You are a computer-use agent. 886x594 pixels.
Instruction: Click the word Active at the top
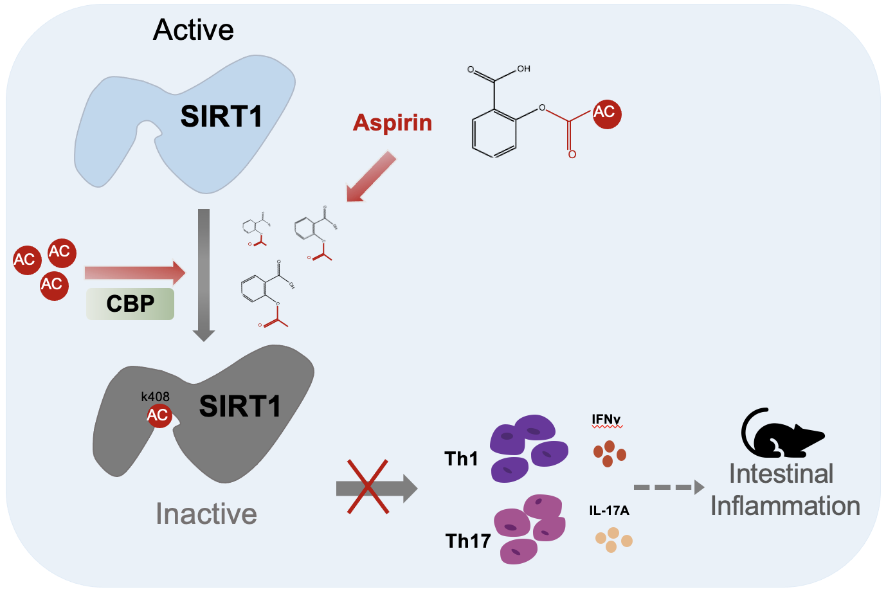[193, 30]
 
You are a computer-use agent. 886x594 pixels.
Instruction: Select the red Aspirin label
[392, 122]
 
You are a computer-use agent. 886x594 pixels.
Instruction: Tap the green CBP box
[131, 303]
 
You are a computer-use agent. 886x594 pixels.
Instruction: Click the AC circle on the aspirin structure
[605, 113]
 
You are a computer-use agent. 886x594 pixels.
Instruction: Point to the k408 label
[155, 397]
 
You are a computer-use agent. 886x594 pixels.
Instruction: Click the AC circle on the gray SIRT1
[158, 415]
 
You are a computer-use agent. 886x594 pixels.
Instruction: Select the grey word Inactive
[206, 514]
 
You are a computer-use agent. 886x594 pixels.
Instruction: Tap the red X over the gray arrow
[368, 487]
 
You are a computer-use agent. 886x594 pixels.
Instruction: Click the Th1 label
[461, 458]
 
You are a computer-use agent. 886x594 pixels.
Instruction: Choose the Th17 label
[468, 541]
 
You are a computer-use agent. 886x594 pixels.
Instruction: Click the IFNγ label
[606, 420]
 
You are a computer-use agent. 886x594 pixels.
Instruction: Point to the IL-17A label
[609, 510]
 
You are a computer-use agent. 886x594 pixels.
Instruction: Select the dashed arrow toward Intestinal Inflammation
[669, 488]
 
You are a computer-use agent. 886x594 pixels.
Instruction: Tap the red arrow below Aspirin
[371, 177]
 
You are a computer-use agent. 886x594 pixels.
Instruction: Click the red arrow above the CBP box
[135, 273]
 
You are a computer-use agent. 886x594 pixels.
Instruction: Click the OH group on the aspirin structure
[523, 69]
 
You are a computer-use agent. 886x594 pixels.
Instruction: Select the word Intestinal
[781, 474]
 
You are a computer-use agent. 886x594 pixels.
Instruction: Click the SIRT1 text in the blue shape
[221, 116]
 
